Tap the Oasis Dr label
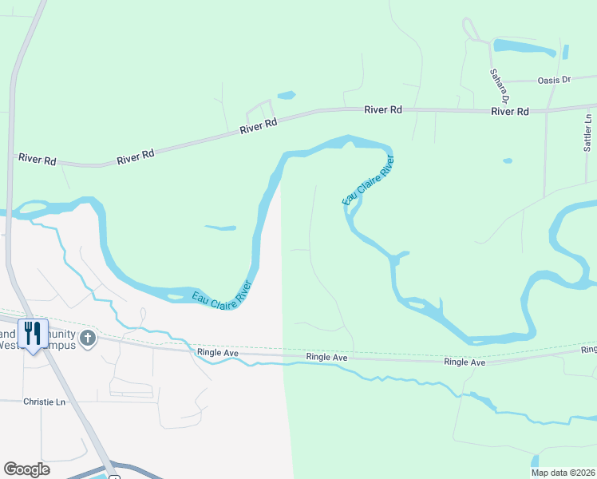555,80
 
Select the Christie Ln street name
44,402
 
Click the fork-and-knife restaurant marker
33,334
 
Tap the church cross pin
87,338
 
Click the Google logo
26,469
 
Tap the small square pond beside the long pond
566,52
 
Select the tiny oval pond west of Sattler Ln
508,160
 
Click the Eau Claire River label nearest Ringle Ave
221,296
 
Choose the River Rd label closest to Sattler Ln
510,112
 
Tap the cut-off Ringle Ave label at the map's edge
589,350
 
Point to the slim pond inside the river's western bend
219,228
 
